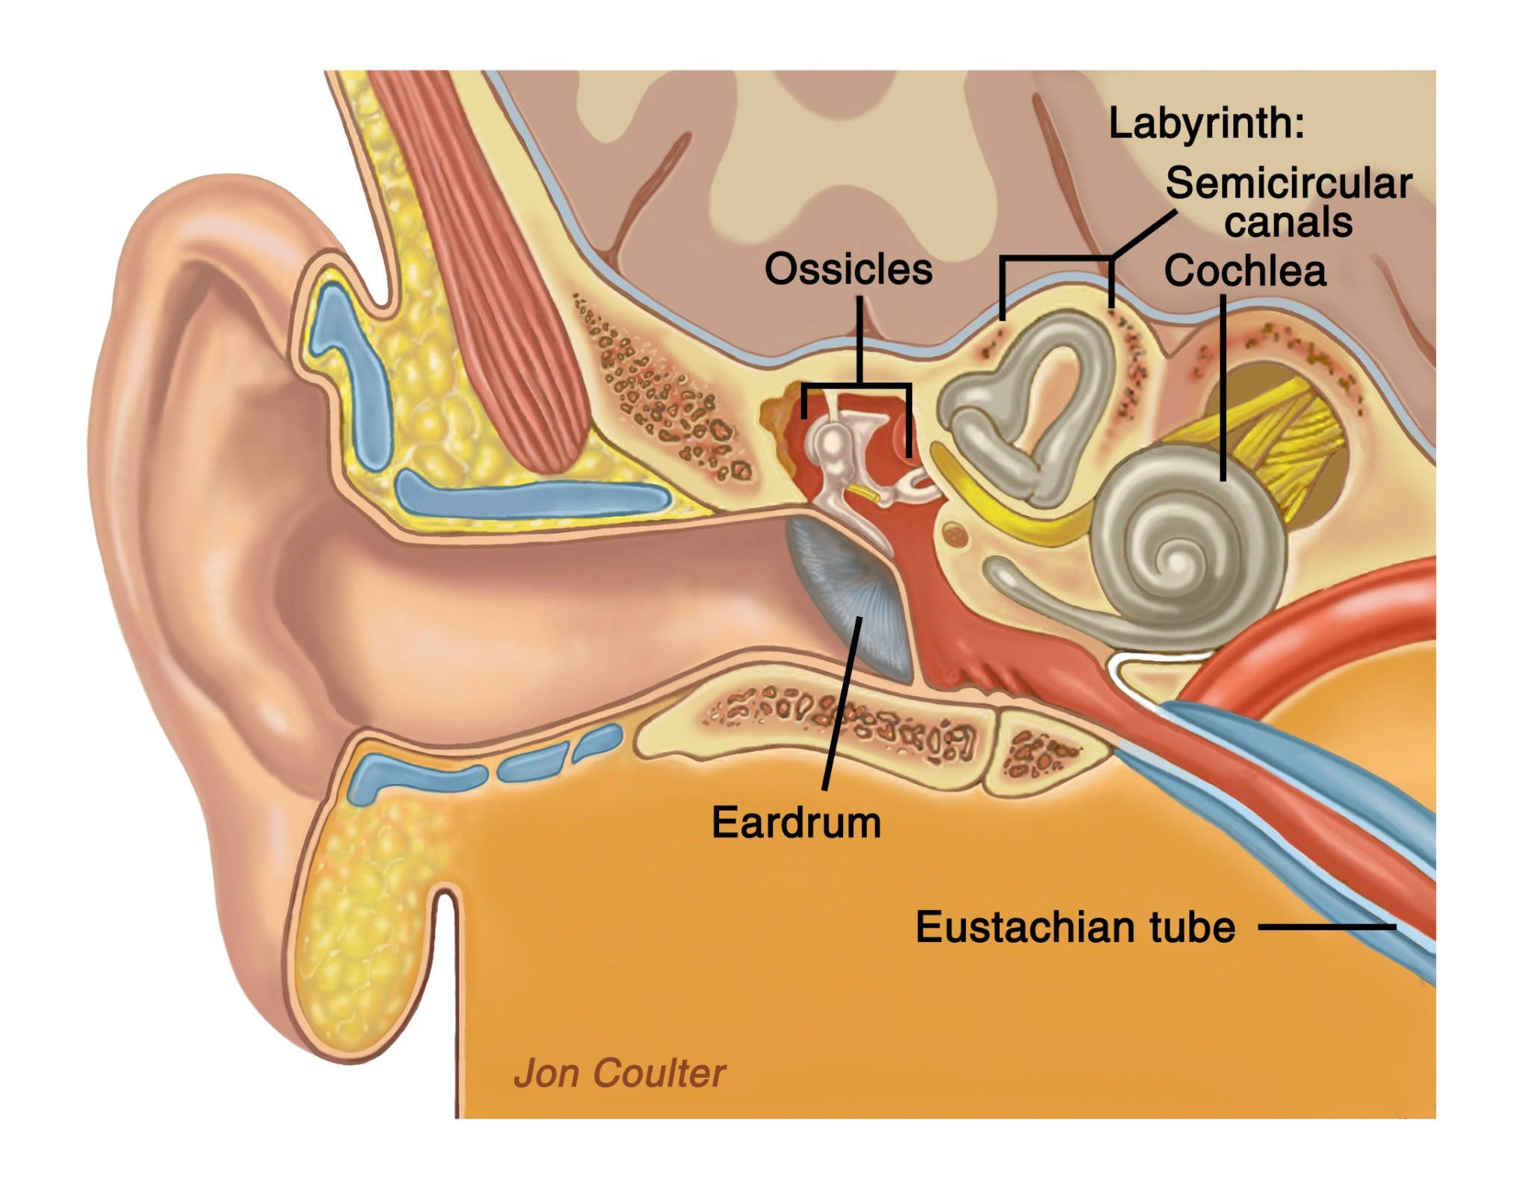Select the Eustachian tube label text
click(x=1075, y=927)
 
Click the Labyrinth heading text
click(x=1206, y=123)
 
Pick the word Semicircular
click(x=1289, y=183)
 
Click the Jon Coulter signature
click(x=619, y=1073)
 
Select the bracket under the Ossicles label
click(x=858, y=385)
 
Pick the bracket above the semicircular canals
click(x=1056, y=260)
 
